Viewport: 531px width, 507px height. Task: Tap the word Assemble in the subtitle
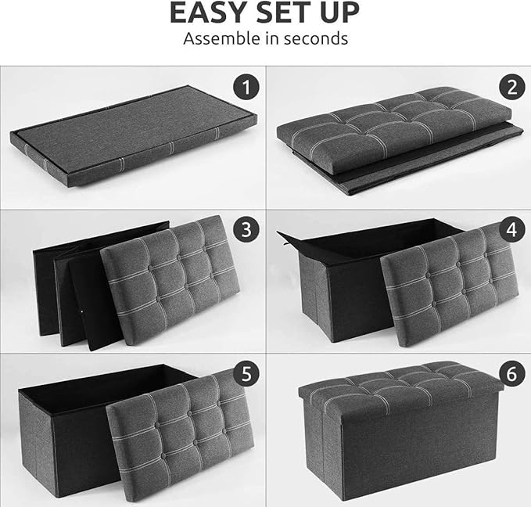coord(217,38)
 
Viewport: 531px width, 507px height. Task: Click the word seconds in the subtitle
coord(314,38)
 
